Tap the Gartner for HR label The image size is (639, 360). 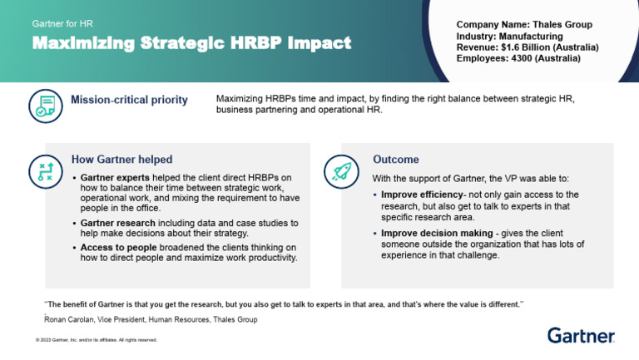click(63, 23)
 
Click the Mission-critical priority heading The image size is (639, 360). click(129, 101)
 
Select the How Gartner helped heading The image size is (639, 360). click(121, 159)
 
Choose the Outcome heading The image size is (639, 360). click(395, 159)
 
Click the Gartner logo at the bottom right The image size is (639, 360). click(581, 336)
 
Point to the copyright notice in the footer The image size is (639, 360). click(96, 340)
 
